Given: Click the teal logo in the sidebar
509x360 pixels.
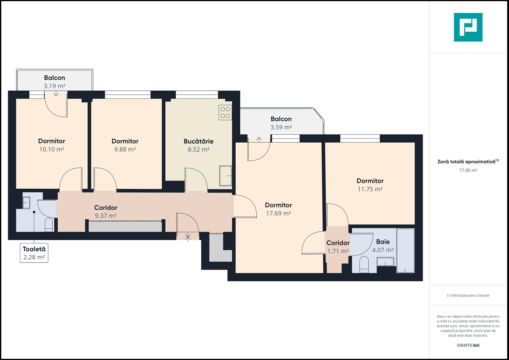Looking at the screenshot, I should [468, 27].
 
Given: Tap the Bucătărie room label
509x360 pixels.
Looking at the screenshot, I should [198, 141].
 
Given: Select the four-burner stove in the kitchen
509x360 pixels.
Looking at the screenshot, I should [225, 112].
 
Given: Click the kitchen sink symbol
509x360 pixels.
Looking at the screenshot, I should [226, 176].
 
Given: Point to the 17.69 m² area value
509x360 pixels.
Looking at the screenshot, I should [278, 213].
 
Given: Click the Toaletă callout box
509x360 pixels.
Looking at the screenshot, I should [34, 253].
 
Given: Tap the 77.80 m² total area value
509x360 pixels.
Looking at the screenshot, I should [468, 170].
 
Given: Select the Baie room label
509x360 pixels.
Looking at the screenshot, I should [383, 242].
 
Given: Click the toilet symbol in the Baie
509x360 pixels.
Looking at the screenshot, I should [364, 264].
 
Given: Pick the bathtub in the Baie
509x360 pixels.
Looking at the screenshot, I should [405, 250].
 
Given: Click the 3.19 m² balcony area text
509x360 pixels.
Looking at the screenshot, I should [54, 86].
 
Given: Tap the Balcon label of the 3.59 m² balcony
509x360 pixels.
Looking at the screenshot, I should [281, 119].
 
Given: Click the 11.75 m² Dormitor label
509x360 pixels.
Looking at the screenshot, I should [370, 181].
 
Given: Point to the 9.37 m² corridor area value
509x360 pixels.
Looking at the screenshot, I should [106, 216].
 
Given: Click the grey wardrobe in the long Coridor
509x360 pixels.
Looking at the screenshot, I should [125, 227].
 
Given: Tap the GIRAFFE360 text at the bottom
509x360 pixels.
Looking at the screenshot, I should [468, 345].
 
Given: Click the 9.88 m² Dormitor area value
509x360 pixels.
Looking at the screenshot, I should [125, 150].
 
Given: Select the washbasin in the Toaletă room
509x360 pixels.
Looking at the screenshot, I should [26, 202].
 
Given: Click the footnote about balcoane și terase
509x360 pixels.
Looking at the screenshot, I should [468, 296].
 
